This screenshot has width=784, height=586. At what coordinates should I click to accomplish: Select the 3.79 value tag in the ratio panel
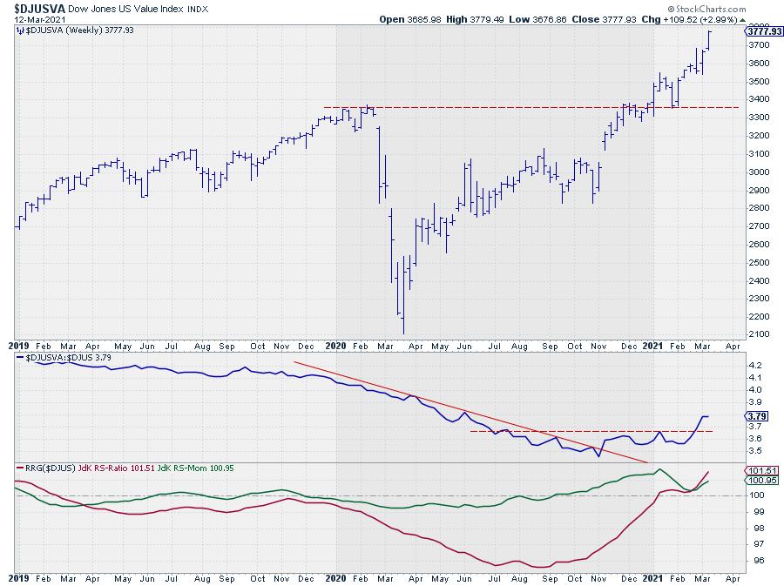tap(755, 416)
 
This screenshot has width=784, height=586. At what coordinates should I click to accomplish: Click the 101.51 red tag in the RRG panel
tap(758, 471)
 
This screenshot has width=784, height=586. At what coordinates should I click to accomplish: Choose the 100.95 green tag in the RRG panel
tap(758, 481)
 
